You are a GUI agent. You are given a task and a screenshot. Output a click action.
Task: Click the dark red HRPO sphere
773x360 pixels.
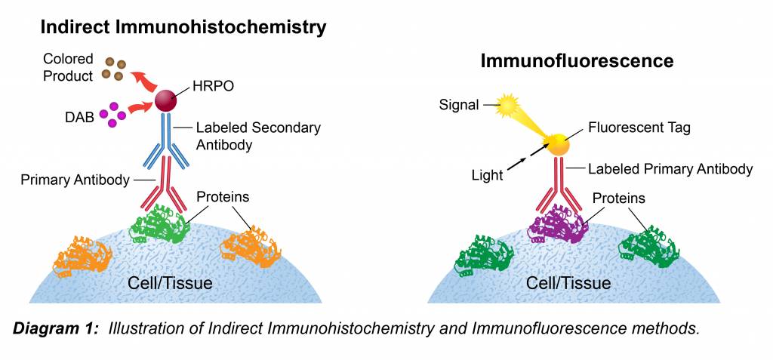(166, 100)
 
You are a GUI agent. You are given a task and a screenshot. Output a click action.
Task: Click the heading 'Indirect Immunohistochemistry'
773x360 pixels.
(183, 27)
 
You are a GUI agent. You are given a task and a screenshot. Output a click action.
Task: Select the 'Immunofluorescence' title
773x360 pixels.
(577, 60)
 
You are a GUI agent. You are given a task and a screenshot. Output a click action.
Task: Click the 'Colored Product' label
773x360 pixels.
(68, 67)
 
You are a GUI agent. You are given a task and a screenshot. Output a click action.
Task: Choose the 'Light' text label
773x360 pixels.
(487, 175)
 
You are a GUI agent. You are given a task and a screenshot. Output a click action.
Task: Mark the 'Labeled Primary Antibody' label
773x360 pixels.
(670, 169)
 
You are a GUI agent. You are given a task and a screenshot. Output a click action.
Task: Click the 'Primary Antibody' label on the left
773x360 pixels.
(75, 180)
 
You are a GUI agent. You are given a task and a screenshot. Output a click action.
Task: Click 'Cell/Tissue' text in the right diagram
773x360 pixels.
(569, 284)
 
